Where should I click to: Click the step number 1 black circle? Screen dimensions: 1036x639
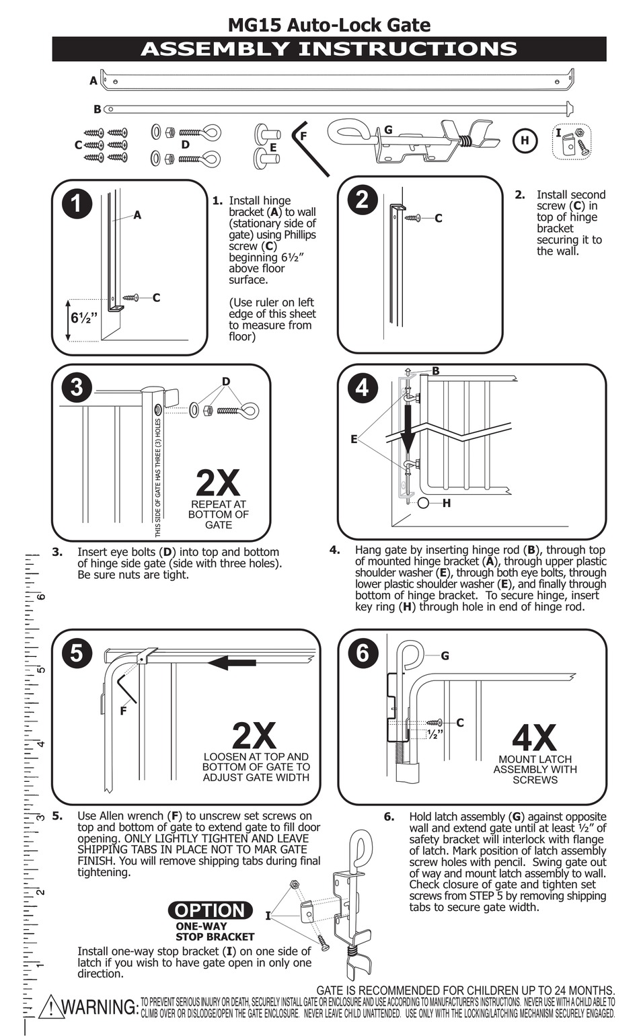(77, 203)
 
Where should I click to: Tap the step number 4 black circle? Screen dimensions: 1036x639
(362, 388)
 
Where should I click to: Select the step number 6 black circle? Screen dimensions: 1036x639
(363, 653)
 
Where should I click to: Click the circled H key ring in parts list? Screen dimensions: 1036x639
(525, 141)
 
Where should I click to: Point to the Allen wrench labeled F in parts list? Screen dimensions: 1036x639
(309, 147)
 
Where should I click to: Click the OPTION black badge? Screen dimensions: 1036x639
(211, 910)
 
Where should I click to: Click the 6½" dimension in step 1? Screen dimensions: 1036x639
(84, 317)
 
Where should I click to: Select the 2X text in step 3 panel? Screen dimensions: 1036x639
(218, 482)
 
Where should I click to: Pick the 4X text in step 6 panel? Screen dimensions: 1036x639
(534, 738)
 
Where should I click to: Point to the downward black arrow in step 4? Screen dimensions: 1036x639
(408, 430)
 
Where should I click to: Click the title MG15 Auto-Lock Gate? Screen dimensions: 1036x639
(329, 25)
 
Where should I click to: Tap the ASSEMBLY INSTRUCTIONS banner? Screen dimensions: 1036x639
(329, 49)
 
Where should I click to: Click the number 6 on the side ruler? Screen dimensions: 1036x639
(42, 596)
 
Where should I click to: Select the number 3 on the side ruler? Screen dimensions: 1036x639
(41, 818)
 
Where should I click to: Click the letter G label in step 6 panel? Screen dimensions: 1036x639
(445, 655)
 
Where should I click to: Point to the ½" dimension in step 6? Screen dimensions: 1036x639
(435, 733)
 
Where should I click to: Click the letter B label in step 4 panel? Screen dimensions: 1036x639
(436, 370)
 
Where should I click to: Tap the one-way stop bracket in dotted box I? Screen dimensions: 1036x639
(570, 143)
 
